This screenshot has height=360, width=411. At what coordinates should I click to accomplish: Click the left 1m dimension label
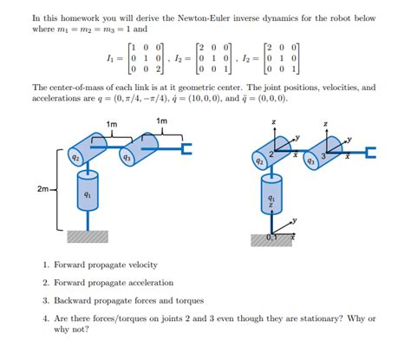pos(111,125)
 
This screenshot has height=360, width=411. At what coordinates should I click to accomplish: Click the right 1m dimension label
pos(162,121)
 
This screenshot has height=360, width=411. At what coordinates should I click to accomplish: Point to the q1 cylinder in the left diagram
pos(88,195)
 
